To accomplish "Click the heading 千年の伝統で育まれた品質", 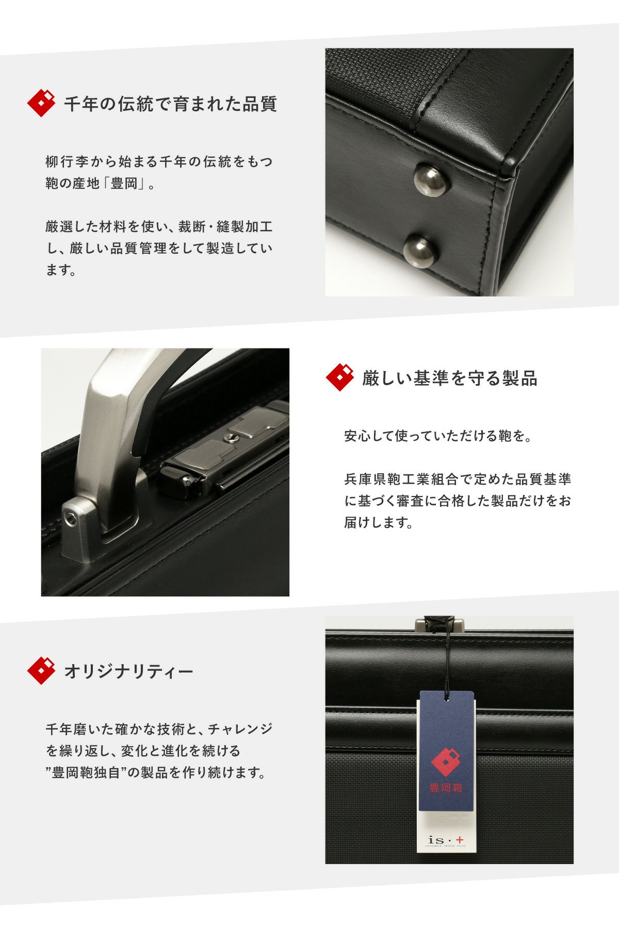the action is coord(170,104).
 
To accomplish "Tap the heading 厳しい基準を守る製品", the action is coord(449,378).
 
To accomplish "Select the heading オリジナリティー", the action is coord(128,671).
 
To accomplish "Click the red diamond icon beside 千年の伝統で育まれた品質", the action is coord(41,103).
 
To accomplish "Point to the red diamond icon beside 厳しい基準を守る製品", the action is coord(340,377).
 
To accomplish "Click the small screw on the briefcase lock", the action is coord(230,438).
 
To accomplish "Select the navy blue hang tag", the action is coord(447,745).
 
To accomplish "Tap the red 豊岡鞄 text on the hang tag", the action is coord(446,788).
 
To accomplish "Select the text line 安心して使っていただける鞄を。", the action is coord(438,437).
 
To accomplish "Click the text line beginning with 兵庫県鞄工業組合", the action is coord(458,479).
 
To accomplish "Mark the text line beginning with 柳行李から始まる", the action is coord(159,162).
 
